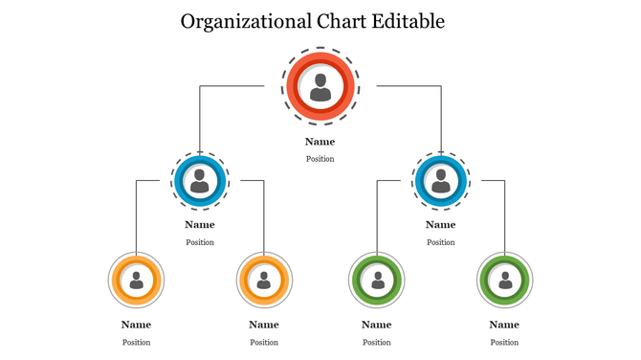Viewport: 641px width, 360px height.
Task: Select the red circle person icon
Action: (x=320, y=87)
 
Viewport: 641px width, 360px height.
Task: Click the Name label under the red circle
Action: (x=320, y=142)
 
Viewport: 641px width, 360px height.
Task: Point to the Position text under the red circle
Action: (x=320, y=159)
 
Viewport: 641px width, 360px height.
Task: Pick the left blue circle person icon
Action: (x=200, y=180)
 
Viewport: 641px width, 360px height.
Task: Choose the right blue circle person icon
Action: (x=440, y=180)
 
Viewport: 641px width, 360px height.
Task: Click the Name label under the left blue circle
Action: (x=200, y=225)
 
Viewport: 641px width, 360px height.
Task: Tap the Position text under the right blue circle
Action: (x=440, y=242)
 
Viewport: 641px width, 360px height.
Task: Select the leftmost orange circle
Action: (x=137, y=280)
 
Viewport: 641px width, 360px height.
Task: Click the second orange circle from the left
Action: (x=264, y=280)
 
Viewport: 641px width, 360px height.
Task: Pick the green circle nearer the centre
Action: (x=377, y=280)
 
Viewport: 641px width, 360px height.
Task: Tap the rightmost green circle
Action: (x=504, y=280)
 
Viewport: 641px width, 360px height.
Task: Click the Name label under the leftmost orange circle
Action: (x=137, y=325)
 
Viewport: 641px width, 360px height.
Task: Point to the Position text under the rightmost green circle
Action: (x=504, y=342)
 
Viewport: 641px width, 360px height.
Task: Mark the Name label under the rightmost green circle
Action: (x=504, y=325)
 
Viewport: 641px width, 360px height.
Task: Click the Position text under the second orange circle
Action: (x=264, y=342)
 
